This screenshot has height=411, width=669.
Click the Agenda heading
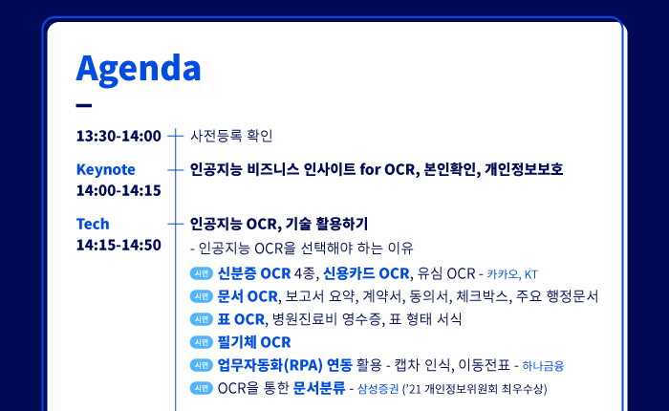[x=139, y=69]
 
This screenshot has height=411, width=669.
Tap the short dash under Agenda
[x=84, y=105]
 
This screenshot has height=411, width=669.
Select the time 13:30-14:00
[x=119, y=136]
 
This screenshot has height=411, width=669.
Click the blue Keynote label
[x=106, y=169]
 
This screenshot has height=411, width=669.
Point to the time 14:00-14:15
[x=119, y=190]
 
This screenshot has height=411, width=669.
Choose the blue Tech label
[x=93, y=224]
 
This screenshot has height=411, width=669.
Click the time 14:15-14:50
[x=119, y=245]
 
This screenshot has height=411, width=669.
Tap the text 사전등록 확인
[x=231, y=136]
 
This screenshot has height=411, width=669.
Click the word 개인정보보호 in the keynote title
[x=524, y=169]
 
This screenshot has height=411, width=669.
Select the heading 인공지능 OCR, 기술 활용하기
[x=279, y=224]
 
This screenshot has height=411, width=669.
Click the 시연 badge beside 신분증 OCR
[x=202, y=273]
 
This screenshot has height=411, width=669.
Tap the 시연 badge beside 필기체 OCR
[x=202, y=342]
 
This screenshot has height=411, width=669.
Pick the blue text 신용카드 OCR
[x=366, y=273]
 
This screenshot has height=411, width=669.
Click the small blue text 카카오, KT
[x=512, y=274]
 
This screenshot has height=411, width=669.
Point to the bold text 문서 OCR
[x=248, y=296]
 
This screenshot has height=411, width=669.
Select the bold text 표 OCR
[x=241, y=319]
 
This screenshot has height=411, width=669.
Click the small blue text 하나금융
[x=543, y=366]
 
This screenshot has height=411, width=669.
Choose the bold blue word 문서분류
[x=319, y=388]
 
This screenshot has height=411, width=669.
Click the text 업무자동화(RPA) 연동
[x=285, y=365]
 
